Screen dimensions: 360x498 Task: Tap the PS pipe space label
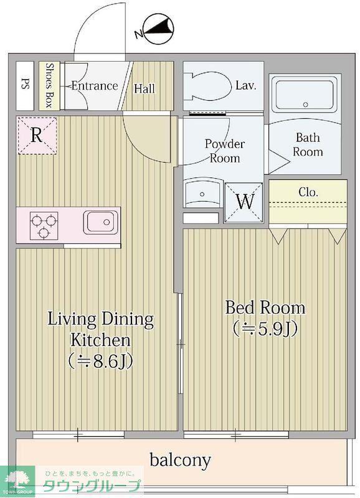click(25, 85)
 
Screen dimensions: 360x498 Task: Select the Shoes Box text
click(49, 85)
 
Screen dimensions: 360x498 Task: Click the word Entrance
click(95, 86)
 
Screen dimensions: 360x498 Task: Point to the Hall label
click(144, 88)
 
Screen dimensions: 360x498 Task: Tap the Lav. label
click(246, 85)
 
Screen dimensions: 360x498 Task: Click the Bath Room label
click(308, 144)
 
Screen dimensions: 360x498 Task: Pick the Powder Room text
click(225, 151)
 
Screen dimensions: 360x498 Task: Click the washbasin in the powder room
click(202, 193)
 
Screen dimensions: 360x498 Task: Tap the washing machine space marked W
click(244, 202)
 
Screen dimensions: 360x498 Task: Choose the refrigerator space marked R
click(37, 136)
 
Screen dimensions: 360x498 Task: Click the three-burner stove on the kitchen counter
click(44, 225)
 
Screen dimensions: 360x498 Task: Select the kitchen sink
click(100, 222)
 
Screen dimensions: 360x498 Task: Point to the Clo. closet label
click(308, 192)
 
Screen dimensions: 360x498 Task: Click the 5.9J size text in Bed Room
click(265, 329)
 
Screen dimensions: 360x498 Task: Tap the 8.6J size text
click(100, 361)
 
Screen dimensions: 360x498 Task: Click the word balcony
click(180, 460)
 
